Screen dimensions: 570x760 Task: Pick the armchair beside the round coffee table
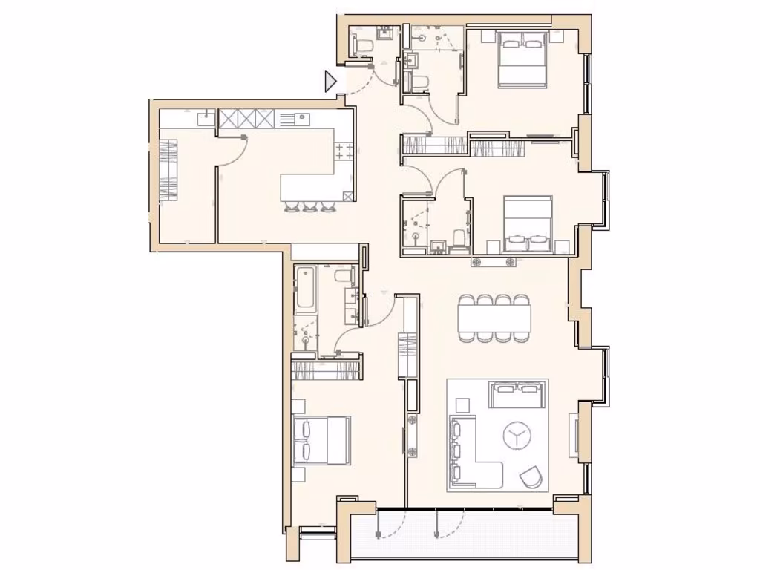[x=531, y=476]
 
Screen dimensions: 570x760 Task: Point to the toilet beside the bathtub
[x=343, y=276]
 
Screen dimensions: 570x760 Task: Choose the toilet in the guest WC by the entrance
[x=363, y=46]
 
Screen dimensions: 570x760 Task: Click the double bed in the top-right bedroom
[x=522, y=59]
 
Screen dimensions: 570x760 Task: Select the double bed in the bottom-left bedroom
[x=321, y=439]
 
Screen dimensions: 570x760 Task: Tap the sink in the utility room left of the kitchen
[x=206, y=117]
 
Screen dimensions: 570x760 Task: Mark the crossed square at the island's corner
[x=349, y=197]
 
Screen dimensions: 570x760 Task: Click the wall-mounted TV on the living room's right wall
[x=574, y=434]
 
